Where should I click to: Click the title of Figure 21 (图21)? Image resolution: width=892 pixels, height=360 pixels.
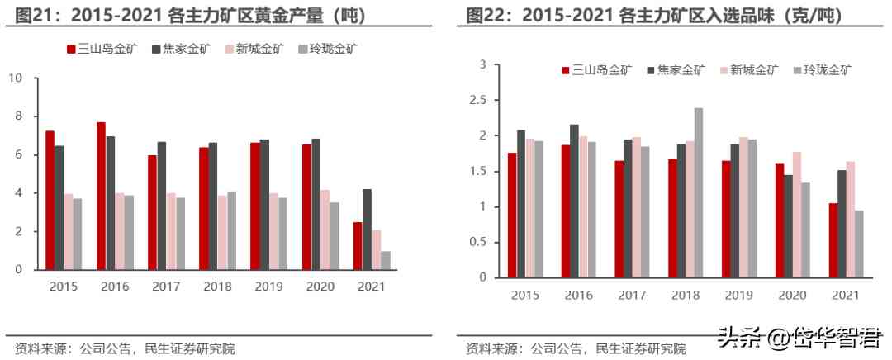tap(191, 15)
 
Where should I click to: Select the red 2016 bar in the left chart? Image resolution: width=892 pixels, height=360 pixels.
tap(101, 196)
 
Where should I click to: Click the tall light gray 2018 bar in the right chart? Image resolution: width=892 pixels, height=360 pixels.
tap(698, 192)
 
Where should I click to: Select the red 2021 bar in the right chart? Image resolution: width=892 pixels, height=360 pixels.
tap(833, 240)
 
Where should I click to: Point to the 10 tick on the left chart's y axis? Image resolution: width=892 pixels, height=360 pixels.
tap(15, 78)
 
